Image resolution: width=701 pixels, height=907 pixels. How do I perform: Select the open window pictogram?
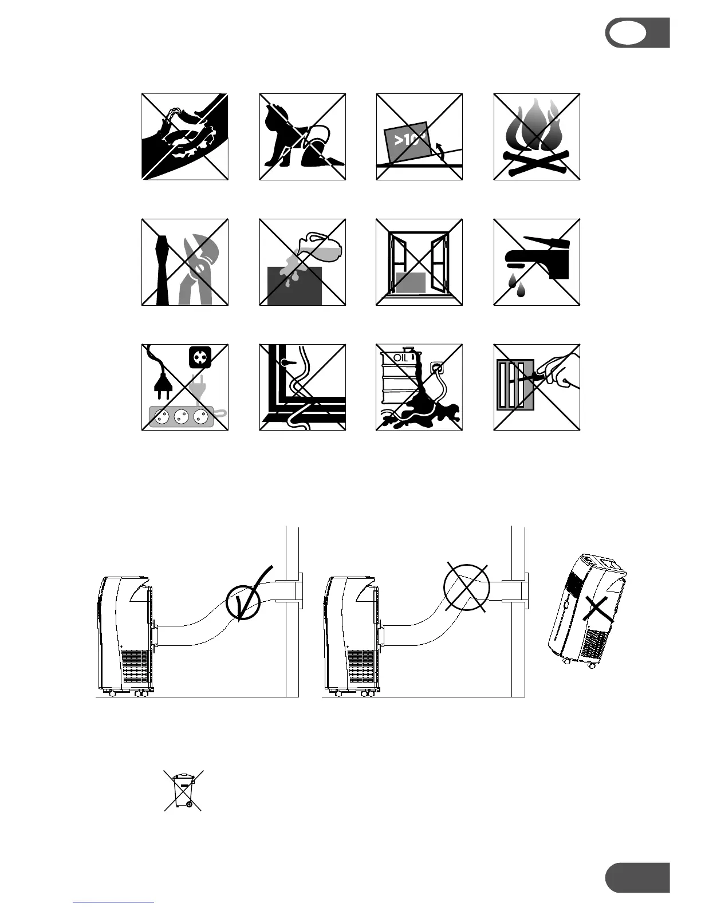(419, 262)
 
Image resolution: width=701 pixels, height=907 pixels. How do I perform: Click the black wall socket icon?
(200, 357)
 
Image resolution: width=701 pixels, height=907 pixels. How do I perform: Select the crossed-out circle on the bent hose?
(467, 587)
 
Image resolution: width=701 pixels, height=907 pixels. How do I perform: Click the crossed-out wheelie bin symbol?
(183, 790)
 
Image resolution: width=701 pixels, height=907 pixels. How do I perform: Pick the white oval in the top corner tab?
(628, 33)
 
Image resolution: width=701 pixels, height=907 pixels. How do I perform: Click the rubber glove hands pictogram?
(185, 136)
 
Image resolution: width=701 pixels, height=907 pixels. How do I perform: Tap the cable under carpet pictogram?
(302, 387)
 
